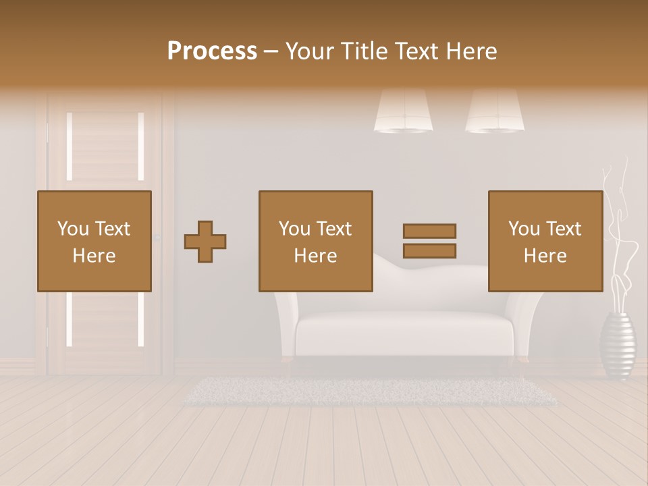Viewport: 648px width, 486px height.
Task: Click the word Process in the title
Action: pos(212,51)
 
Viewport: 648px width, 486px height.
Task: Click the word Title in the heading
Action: pos(362,51)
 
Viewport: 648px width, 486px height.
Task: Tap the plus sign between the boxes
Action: pos(205,241)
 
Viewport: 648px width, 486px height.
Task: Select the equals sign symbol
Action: pos(429,241)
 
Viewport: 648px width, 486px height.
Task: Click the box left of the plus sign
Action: pos(94,241)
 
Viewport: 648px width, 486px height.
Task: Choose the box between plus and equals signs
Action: pos(315,241)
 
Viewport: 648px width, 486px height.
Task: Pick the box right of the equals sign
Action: pos(545,241)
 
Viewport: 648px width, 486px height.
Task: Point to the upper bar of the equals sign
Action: pos(429,231)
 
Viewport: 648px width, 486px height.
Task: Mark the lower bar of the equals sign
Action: pos(429,251)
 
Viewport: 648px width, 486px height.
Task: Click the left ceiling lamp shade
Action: pos(404,111)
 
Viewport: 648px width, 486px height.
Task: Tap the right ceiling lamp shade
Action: pos(495,111)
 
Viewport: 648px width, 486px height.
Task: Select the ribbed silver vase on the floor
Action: pos(618,345)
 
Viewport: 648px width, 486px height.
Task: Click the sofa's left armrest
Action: pos(286,324)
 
